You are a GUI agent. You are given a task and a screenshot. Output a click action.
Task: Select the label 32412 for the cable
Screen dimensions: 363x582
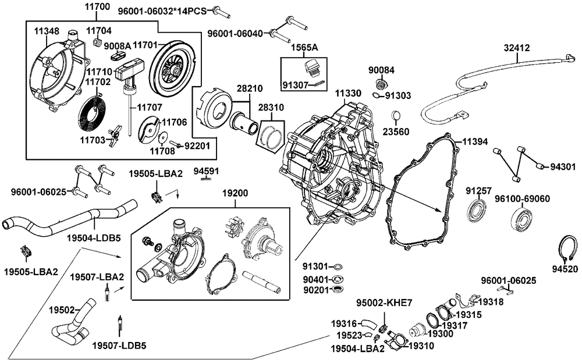click(517, 48)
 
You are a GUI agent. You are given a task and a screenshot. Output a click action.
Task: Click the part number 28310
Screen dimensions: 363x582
click(272, 108)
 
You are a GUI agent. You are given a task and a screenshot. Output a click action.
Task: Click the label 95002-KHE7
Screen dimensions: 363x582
click(384, 303)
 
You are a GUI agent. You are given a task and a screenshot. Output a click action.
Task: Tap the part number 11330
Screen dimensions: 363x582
click(347, 93)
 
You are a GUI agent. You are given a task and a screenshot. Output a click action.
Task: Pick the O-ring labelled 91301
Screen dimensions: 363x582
click(338, 266)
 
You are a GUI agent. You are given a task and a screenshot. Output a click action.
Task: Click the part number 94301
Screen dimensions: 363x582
click(562, 166)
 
